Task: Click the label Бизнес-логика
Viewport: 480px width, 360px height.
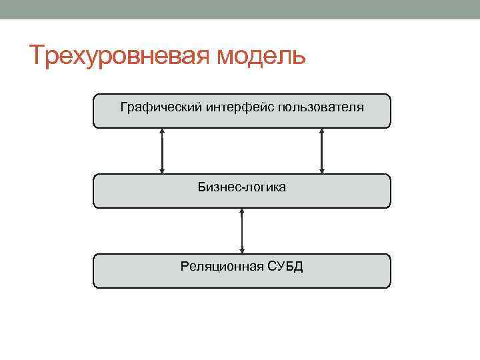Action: (242, 187)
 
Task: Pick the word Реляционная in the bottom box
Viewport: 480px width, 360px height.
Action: (221, 267)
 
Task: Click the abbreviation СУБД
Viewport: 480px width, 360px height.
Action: (285, 267)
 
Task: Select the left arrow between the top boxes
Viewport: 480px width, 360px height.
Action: (162, 151)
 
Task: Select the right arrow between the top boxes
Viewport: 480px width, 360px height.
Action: (322, 151)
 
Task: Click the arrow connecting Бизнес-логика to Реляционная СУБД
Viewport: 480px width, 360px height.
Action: (242, 231)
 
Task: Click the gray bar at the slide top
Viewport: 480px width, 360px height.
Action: (240, 9)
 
